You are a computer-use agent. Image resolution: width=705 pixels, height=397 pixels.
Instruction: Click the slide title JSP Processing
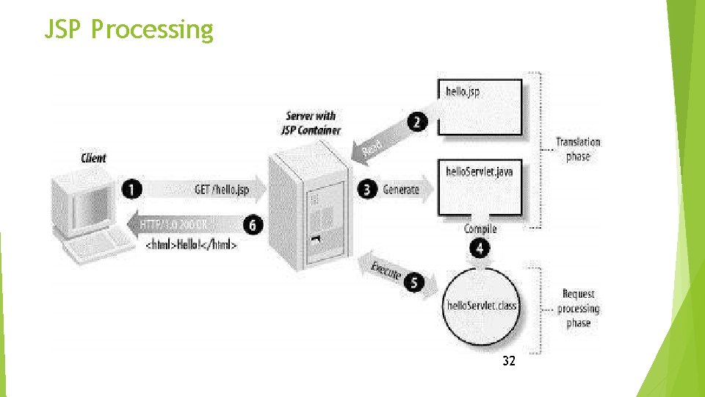click(129, 29)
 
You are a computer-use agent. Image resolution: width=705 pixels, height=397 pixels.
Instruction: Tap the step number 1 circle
click(132, 190)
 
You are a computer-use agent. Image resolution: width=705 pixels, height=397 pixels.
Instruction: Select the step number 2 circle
click(417, 121)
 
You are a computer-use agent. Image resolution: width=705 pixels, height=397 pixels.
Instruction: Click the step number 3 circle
click(368, 190)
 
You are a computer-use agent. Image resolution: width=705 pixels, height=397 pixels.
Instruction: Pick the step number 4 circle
click(480, 248)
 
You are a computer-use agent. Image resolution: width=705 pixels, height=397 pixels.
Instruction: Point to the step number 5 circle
click(413, 282)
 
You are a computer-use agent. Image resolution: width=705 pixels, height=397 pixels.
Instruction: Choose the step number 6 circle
click(253, 224)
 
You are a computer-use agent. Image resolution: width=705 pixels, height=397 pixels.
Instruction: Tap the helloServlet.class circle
click(481, 305)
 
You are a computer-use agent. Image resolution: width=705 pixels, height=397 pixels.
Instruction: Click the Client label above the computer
click(93, 158)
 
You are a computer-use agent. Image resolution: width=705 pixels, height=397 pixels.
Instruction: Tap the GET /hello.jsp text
click(222, 190)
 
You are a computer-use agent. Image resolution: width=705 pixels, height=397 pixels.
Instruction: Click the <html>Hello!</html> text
click(192, 246)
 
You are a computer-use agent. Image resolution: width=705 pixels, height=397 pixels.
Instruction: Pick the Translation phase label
click(578, 149)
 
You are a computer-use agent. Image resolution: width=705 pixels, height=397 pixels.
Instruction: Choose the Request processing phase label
click(578, 309)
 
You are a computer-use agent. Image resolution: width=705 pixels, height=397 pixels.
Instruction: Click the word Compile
click(480, 229)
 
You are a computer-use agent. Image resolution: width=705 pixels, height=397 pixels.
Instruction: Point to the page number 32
click(509, 361)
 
